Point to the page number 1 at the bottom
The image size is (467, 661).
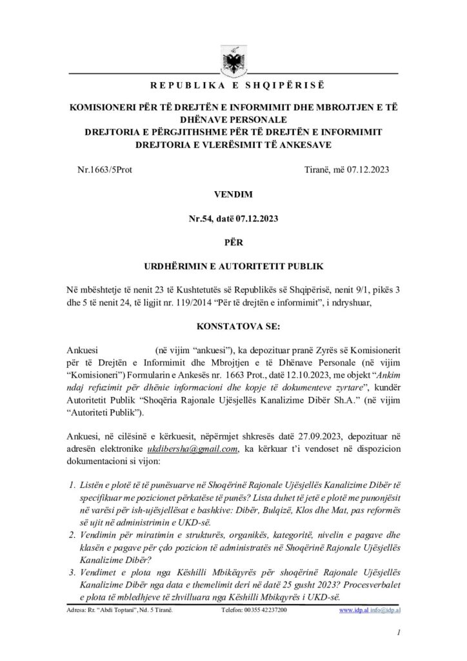pyautogui.click(x=399, y=635)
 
